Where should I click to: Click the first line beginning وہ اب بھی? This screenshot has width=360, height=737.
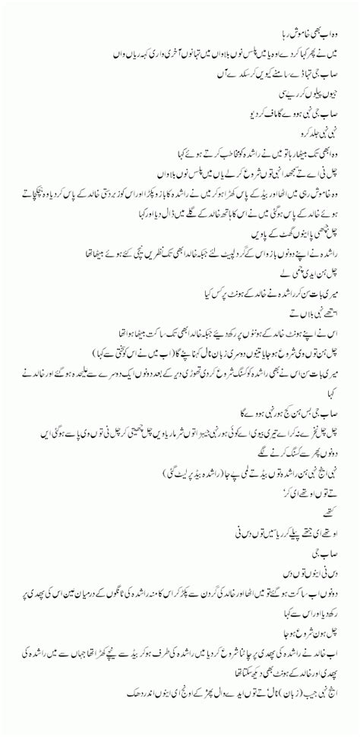[x=311, y=13]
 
